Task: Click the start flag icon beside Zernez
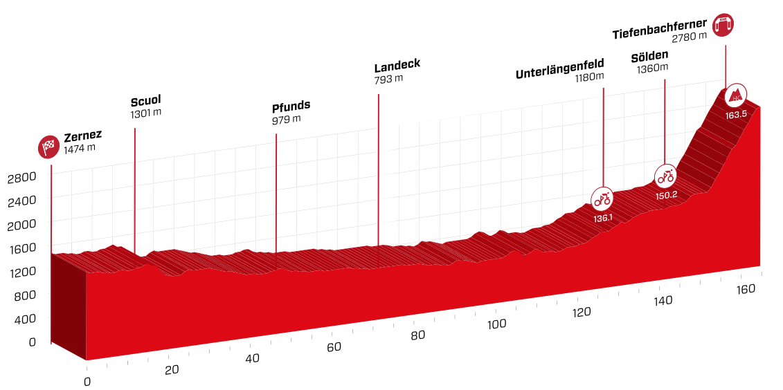point(48,147)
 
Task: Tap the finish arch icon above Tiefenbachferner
point(724,24)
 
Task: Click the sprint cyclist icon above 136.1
point(602,199)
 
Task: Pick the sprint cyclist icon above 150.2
point(665,176)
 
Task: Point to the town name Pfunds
point(291,106)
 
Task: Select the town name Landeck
point(397,66)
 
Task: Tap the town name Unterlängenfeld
point(559,73)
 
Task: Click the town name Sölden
point(649,55)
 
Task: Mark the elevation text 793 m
point(388,79)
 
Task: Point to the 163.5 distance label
point(736,115)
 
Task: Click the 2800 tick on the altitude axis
point(21,178)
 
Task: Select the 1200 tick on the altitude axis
point(21,272)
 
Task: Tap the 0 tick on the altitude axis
point(32,342)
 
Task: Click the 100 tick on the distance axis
point(497,324)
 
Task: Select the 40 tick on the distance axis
point(252,358)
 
